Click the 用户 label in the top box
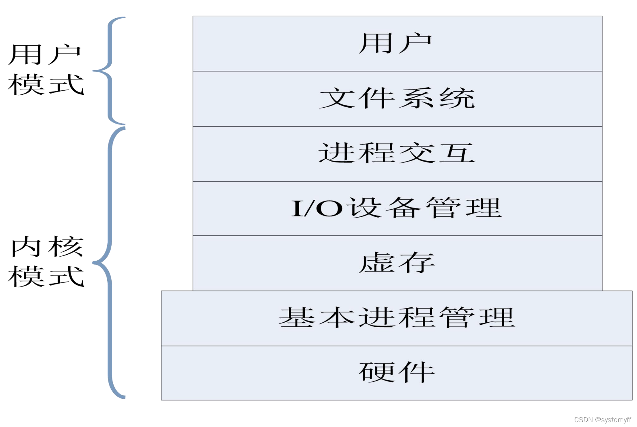(x=395, y=43)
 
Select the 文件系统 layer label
(x=397, y=98)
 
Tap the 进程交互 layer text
(x=397, y=153)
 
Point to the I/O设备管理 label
(x=396, y=208)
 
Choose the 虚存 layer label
(x=396, y=263)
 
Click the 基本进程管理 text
(x=396, y=318)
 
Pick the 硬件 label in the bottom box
(x=396, y=372)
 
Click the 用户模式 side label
(x=46, y=70)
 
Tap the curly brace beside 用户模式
(x=110, y=71)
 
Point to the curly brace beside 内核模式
(x=110, y=263)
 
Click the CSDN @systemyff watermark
(x=602, y=420)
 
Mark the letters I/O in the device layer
(x=317, y=208)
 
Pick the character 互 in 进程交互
(x=457, y=153)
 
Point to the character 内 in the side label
(x=26, y=247)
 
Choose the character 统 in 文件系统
(x=457, y=98)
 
